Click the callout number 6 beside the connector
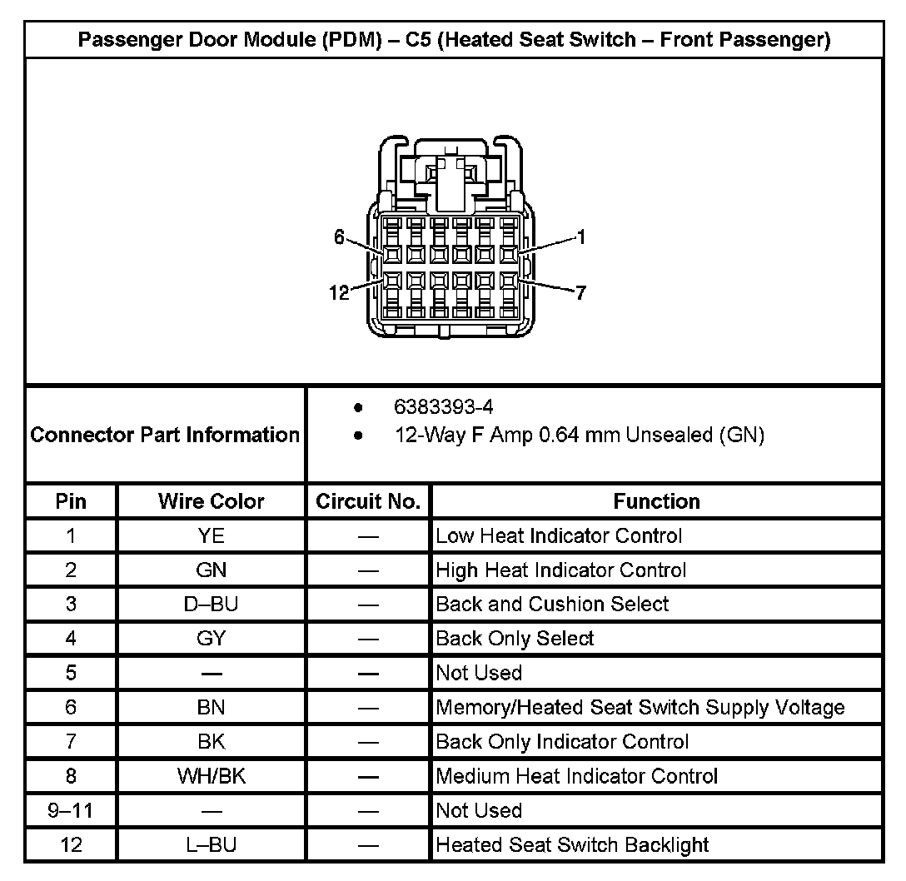339,237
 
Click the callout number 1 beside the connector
580,238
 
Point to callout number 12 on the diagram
339,292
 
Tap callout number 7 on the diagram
580,292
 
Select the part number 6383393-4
443,407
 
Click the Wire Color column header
212,501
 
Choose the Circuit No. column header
368,501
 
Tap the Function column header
656,501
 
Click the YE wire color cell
212,535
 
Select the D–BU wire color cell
212,605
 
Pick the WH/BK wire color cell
212,776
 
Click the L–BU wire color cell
212,845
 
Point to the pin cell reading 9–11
71,810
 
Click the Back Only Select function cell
515,639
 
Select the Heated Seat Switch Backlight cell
572,845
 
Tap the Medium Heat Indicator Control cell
576,776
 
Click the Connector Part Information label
165,435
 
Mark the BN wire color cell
212,708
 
